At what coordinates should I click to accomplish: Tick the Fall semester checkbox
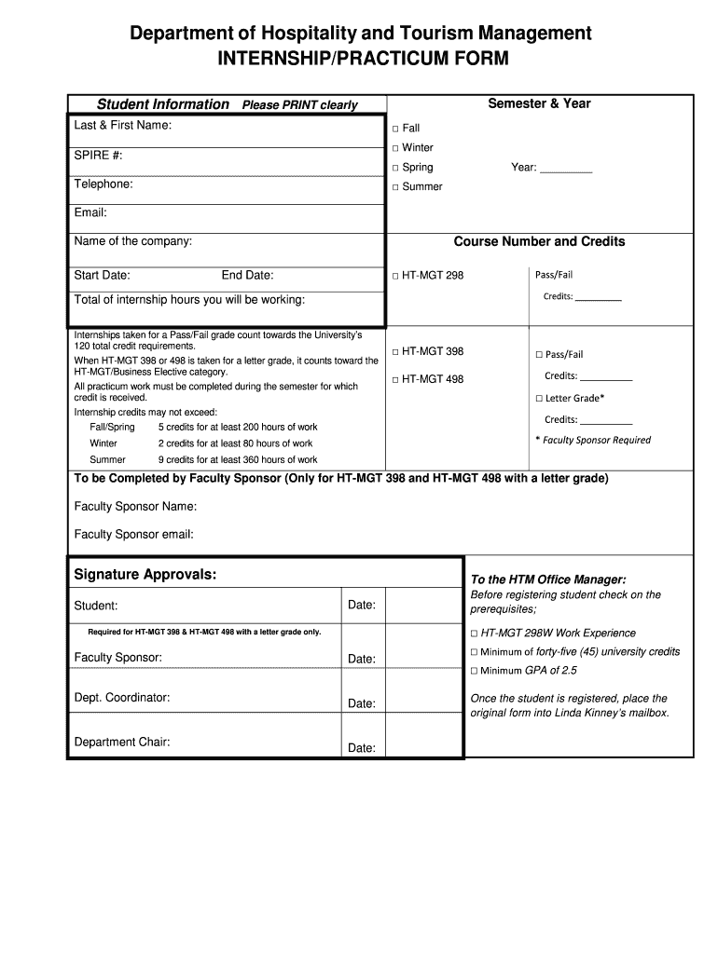pos(395,129)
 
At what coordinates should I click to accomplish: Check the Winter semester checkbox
pos(395,148)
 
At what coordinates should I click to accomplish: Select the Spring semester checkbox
pos(395,168)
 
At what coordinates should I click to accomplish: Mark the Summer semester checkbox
pos(395,187)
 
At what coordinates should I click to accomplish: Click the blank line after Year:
pos(566,169)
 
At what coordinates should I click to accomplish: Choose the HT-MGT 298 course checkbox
pos(395,276)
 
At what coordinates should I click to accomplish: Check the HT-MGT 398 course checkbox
pos(395,352)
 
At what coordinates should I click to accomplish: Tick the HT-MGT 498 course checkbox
pos(395,380)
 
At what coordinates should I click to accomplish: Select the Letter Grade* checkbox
pos(539,399)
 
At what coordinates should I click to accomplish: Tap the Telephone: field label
pos(104,184)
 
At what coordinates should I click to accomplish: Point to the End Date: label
pos(247,276)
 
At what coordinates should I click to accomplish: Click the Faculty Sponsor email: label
pos(133,535)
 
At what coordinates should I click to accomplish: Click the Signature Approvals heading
pos(145,575)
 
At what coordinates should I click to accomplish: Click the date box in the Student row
pos(423,606)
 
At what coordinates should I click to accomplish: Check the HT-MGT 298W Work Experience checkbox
pos(474,634)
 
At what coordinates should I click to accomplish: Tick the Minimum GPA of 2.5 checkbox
pos(474,671)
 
